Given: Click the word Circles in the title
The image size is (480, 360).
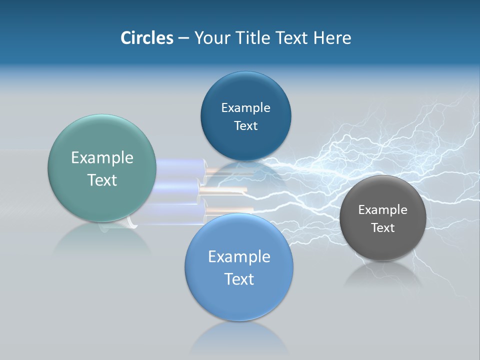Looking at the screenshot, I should pyautogui.click(x=147, y=38).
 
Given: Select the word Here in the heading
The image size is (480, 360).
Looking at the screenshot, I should pyautogui.click(x=332, y=38).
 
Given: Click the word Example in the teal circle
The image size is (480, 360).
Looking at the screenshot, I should pyautogui.click(x=102, y=158).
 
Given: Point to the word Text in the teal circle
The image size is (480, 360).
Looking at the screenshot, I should pyautogui.click(x=102, y=180).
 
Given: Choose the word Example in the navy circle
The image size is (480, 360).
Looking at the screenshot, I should pyautogui.click(x=245, y=108).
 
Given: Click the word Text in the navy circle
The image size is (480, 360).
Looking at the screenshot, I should pyautogui.click(x=245, y=126).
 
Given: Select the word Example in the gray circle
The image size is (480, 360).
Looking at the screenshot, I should pyautogui.click(x=382, y=210).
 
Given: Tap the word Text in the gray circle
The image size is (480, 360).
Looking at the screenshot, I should pyautogui.click(x=382, y=228).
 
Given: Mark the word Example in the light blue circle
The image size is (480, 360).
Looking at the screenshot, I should pyautogui.click(x=239, y=257).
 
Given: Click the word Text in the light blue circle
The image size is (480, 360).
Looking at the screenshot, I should pyautogui.click(x=239, y=279).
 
